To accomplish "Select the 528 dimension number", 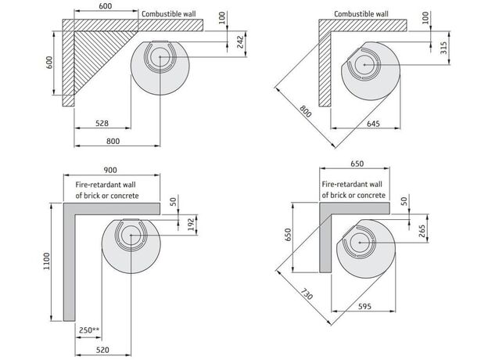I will [x=102, y=123].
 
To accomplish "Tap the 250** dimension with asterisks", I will [x=90, y=329].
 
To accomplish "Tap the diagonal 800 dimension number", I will [x=306, y=112].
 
